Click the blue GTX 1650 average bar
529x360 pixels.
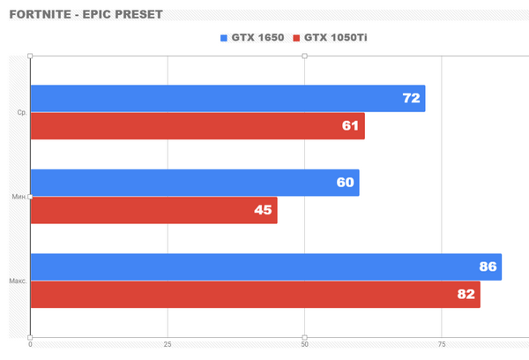(227, 99)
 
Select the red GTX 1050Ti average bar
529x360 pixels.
(197, 126)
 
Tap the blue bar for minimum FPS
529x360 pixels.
(195, 183)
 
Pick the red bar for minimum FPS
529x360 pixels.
(153, 210)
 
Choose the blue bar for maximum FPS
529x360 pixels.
(265, 266)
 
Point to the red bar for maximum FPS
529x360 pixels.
(255, 294)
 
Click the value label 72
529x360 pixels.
(411, 99)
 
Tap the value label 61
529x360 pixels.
(350, 126)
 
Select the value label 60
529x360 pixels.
(345, 183)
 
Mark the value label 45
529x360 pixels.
(263, 210)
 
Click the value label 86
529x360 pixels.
(488, 266)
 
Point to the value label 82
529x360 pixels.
(466, 294)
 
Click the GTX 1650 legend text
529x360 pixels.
(257, 38)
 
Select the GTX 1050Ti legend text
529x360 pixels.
(336, 38)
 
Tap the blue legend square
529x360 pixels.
(223, 38)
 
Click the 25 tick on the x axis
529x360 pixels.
(168, 345)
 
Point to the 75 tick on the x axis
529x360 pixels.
(442, 345)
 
